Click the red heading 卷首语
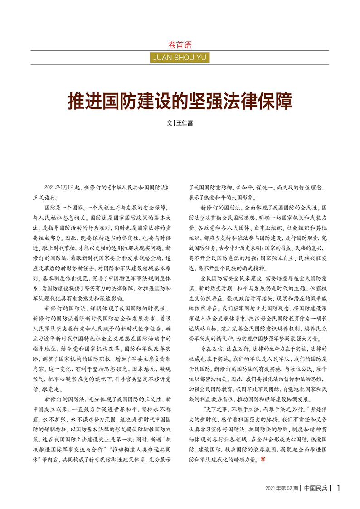[180, 45]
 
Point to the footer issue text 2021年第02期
[281, 489]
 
